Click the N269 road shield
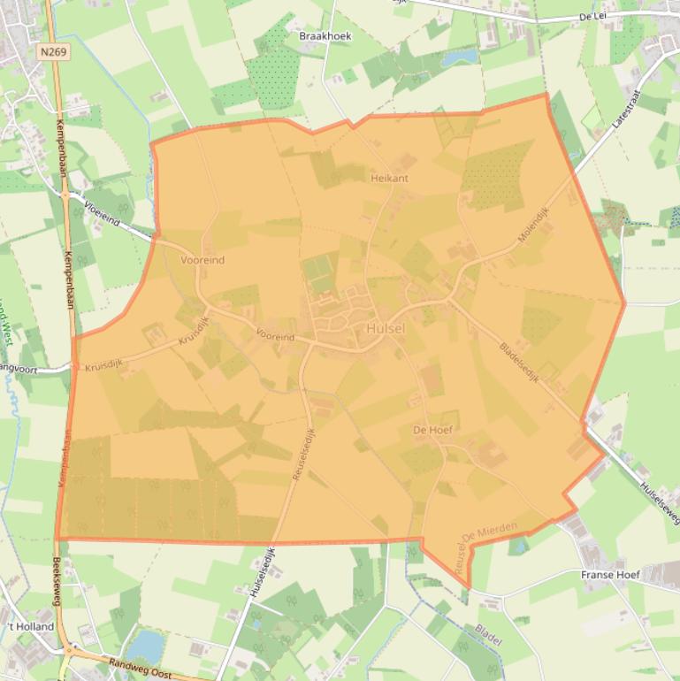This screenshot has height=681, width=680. [x=54, y=53]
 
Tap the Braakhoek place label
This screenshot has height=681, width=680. [x=325, y=36]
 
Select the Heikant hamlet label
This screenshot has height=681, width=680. [x=389, y=178]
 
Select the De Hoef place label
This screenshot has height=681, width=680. [x=432, y=429]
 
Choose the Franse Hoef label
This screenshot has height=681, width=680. [x=610, y=575]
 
